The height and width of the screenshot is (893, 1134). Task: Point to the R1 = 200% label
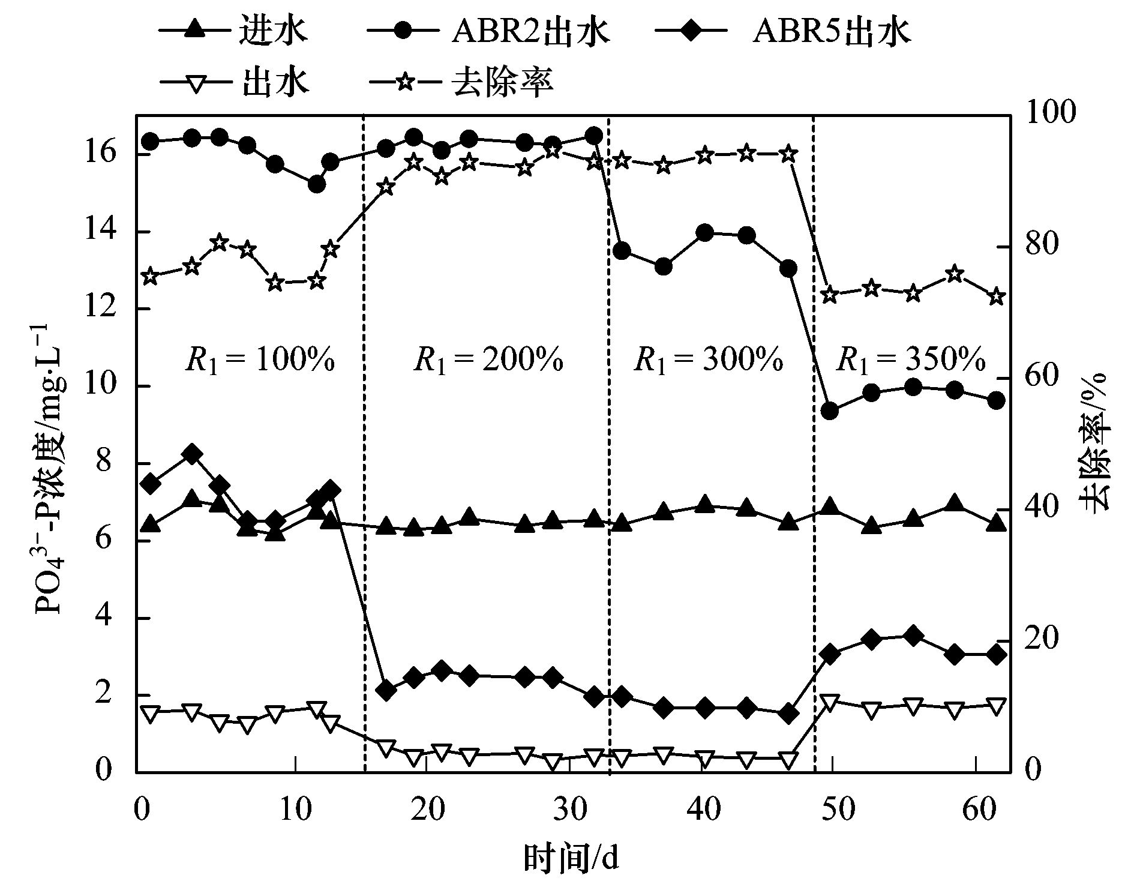pyautogui.click(x=488, y=359)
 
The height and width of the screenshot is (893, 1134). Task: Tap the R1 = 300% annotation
pyautogui.click(x=708, y=359)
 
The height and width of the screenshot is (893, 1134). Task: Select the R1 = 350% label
pyautogui.click(x=911, y=359)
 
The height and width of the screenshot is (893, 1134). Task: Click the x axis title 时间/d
pyautogui.click(x=571, y=859)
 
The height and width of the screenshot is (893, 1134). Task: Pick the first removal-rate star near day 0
pyautogui.click(x=150, y=277)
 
